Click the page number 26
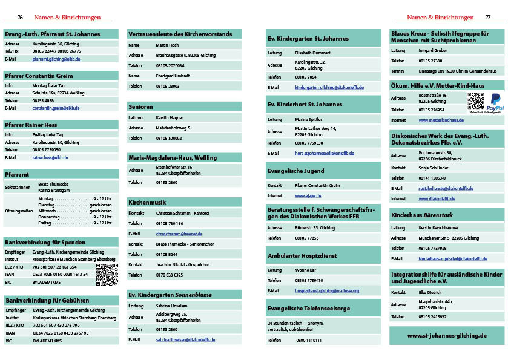pyautogui.click(x=20, y=18)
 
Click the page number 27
pyautogui.click(x=487, y=18)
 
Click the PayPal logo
pyautogui.click(x=495, y=101)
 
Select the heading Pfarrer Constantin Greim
pyautogui.click(x=39, y=76)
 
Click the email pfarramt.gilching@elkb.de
pyautogui.click(x=56, y=59)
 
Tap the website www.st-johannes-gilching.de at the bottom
pyautogui.click(x=447, y=335)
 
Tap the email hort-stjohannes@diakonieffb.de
pyautogui.click(x=325, y=154)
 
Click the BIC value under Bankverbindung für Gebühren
pyautogui.click(x=47, y=341)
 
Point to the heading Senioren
pyautogui.click(x=140, y=106)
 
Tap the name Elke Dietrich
pyautogui.click(x=430, y=293)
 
